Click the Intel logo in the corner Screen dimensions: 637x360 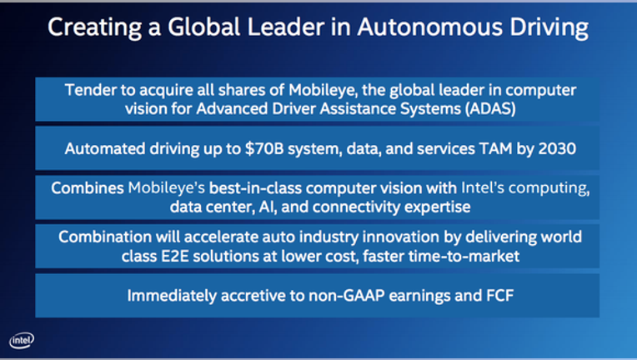click(x=22, y=340)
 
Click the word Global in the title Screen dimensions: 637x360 click(x=204, y=27)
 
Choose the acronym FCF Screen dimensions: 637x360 click(x=499, y=296)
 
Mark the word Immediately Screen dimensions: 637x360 click(x=172, y=296)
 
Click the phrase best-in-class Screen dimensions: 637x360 click(x=255, y=187)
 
